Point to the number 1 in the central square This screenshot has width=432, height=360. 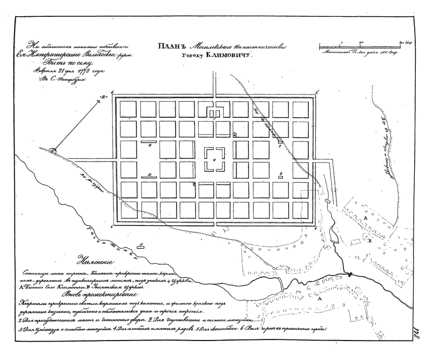pos(214,160)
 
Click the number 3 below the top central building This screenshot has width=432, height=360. pos(214,118)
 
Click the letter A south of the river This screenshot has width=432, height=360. pos(320,298)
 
